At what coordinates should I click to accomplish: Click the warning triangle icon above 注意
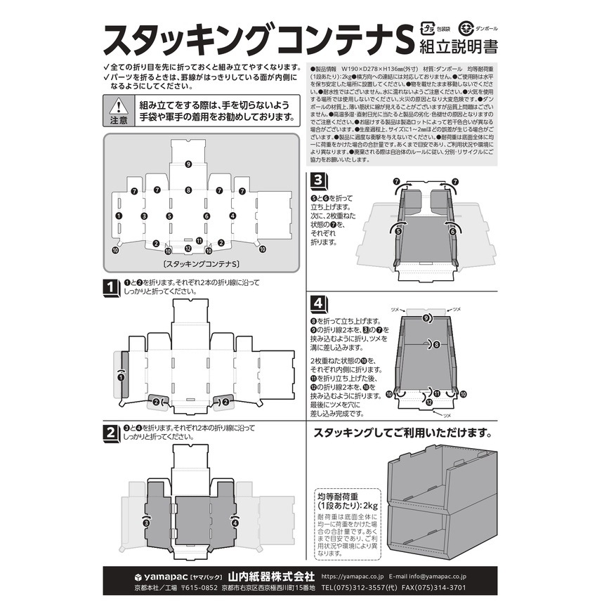pos(119,106)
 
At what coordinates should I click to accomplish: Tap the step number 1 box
pos(110,287)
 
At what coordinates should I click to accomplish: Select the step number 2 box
pos(110,433)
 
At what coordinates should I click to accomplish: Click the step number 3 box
pos(318,181)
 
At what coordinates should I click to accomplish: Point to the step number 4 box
pos(318,304)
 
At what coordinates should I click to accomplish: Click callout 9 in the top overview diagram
pos(188,164)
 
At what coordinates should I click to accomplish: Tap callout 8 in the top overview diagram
pos(188,190)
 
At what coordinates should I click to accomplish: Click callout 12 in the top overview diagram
pos(188,247)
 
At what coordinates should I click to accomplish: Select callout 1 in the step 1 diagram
pos(121,377)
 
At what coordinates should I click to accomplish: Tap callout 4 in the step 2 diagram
pos(235,523)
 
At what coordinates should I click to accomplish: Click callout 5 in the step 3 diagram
pos(398,230)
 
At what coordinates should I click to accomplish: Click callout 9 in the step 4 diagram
pos(427,318)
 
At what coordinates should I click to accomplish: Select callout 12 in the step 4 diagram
pos(428,402)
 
